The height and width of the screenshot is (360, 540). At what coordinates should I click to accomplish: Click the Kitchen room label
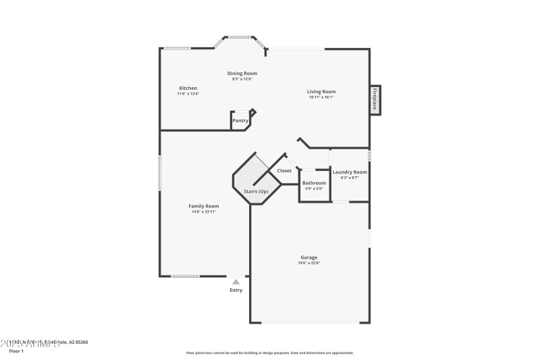188,88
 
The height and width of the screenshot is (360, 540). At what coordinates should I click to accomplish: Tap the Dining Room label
242,73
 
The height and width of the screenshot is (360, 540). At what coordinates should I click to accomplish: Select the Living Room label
321,92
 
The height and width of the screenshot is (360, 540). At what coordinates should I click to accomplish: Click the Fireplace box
375,99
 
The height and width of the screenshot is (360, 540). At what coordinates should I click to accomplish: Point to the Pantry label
240,121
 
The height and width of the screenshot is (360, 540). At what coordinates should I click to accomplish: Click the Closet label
284,171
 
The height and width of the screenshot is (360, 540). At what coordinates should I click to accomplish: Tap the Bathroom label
314,183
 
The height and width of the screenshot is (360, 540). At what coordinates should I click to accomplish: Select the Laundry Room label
350,172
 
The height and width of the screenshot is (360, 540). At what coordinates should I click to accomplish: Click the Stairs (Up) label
256,192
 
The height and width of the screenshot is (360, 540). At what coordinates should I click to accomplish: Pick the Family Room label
203,206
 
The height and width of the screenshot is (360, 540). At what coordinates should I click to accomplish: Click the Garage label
309,257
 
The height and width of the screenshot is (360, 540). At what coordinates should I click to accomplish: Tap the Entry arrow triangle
236,281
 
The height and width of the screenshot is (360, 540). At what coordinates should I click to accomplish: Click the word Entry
236,290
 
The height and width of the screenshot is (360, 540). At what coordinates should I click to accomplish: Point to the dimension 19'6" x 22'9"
309,263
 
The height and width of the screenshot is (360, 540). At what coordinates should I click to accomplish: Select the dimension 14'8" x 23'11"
203,211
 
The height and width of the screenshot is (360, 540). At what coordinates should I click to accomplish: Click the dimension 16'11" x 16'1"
321,97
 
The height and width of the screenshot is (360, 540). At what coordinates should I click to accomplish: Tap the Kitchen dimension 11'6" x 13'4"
188,94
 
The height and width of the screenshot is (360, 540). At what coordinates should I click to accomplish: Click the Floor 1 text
16,351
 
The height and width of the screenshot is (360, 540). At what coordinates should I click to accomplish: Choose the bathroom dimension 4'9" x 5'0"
314,188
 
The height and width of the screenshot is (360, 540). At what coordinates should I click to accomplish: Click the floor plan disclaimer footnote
269,353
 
